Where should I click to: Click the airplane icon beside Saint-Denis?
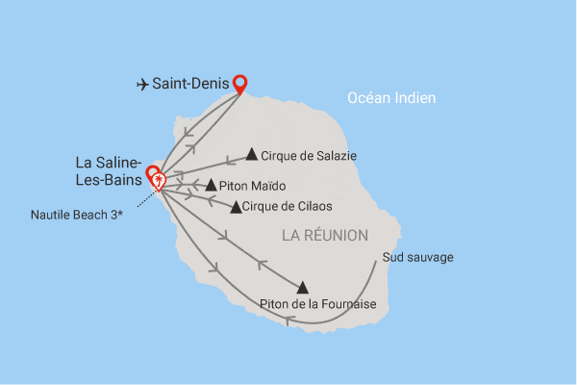(x=143, y=85)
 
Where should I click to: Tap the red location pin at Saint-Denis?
(x=239, y=84)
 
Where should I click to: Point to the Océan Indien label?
(x=391, y=97)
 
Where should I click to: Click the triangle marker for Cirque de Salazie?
(x=251, y=153)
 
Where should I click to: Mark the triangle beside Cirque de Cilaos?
(x=236, y=206)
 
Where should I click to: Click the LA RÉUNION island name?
(x=325, y=235)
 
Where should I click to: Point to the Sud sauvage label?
(x=417, y=257)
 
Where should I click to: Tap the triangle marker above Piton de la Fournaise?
(x=303, y=287)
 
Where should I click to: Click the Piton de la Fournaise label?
(x=317, y=305)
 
